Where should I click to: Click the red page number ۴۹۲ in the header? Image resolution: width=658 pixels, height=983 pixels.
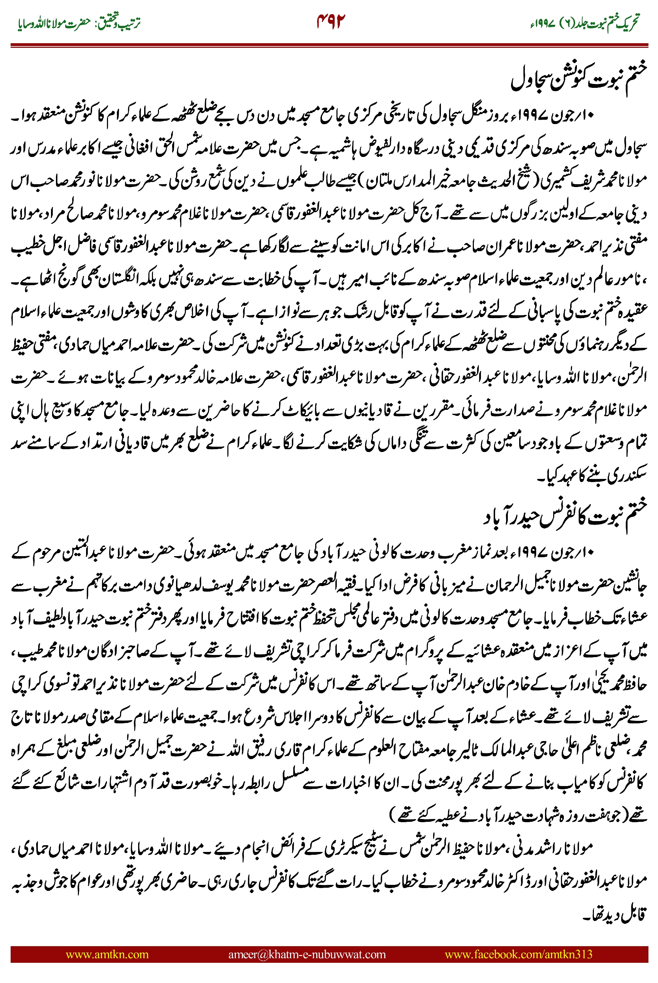pyautogui.click(x=330, y=21)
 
